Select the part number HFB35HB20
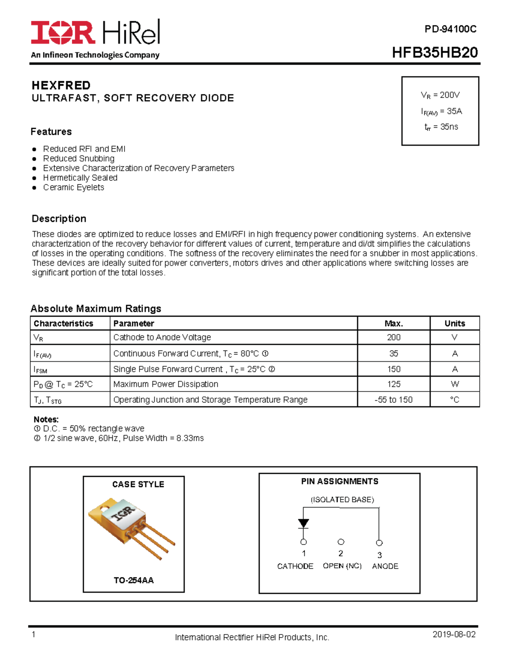[x=434, y=53]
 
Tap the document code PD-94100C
[x=450, y=29]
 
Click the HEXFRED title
[x=61, y=85]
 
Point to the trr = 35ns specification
[x=441, y=127]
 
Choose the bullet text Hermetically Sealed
[x=80, y=178]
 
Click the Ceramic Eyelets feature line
[x=74, y=187]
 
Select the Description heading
[x=59, y=218]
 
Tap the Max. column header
[x=394, y=323]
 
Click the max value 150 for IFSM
[x=394, y=369]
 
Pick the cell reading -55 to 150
[x=394, y=399]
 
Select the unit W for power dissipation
[x=455, y=384]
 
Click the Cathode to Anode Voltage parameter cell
[x=162, y=337]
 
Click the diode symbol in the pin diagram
[x=303, y=523]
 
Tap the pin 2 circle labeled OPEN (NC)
[x=341, y=542]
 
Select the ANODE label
[x=385, y=566]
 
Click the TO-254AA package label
[x=133, y=580]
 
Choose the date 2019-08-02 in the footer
[x=454, y=635]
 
